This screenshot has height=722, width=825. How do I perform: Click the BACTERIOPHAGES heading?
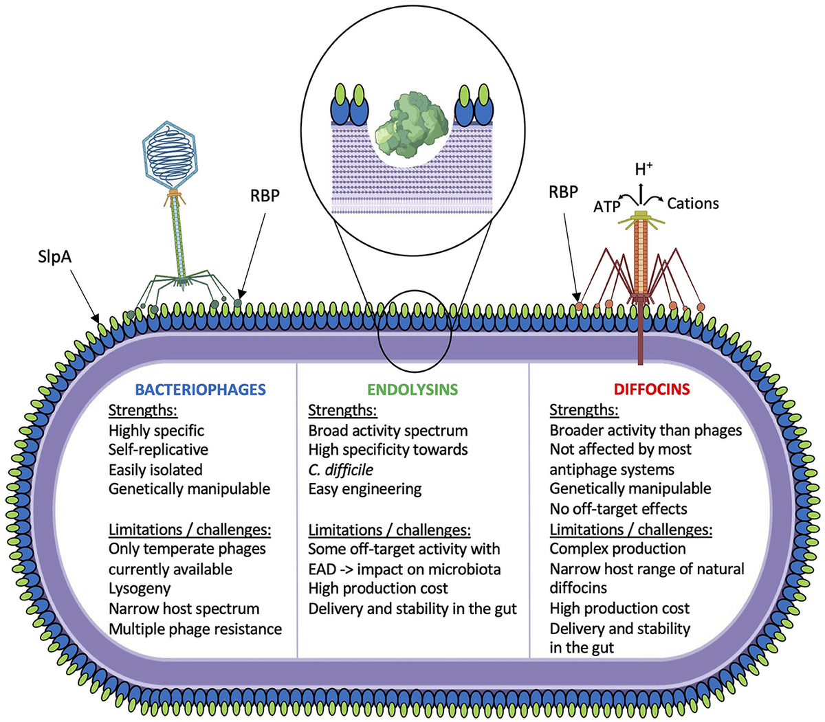(x=200, y=390)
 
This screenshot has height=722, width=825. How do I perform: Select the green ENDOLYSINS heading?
(x=412, y=390)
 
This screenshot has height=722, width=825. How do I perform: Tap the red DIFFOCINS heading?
(x=651, y=390)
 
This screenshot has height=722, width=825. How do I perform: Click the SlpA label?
(x=56, y=257)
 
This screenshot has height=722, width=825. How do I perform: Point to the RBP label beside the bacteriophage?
(x=265, y=196)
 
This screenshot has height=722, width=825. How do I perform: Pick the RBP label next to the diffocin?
(x=563, y=192)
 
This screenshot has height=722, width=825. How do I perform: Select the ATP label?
(x=607, y=206)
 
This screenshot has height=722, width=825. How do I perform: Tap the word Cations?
(x=692, y=203)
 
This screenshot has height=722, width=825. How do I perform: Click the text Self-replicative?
(x=158, y=449)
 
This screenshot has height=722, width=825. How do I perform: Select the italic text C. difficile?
(x=340, y=470)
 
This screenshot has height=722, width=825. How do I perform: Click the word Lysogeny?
(x=140, y=589)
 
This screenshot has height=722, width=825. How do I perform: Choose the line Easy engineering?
(x=364, y=489)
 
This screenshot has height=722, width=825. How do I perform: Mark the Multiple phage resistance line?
(x=195, y=629)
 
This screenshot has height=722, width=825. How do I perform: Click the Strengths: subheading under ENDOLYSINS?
(x=342, y=411)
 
